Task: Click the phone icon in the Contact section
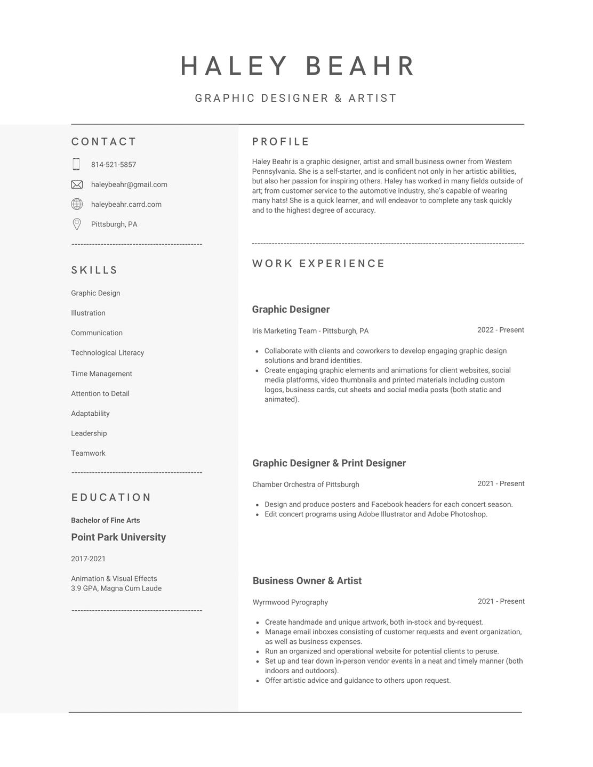pyautogui.click(x=76, y=164)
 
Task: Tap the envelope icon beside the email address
pyautogui.click(x=77, y=184)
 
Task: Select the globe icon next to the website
pyautogui.click(x=77, y=204)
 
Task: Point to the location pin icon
pyautogui.click(x=77, y=224)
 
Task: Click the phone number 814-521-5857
pyautogui.click(x=114, y=165)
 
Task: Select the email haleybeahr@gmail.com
pyautogui.click(x=129, y=184)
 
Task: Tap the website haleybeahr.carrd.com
pyautogui.click(x=126, y=204)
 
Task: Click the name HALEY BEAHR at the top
pyautogui.click(x=298, y=66)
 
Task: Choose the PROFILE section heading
pyautogui.click(x=281, y=142)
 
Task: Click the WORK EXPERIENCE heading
pyautogui.click(x=318, y=263)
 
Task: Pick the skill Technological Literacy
pyautogui.click(x=108, y=353)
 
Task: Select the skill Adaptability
pyautogui.click(x=90, y=414)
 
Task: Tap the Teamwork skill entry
pyautogui.click(x=88, y=453)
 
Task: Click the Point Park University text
pyautogui.click(x=118, y=537)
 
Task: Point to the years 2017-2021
pyautogui.click(x=88, y=559)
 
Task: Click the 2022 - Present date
pyautogui.click(x=500, y=330)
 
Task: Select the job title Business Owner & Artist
pyautogui.click(x=307, y=581)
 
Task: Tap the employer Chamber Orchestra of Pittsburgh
pyautogui.click(x=306, y=485)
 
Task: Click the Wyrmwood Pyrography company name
pyautogui.click(x=290, y=602)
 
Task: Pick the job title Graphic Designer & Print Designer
pyautogui.click(x=329, y=463)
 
